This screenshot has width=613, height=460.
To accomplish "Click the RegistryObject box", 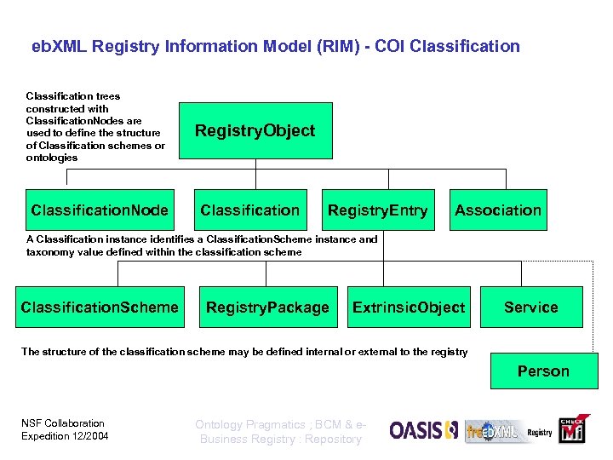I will [255, 130].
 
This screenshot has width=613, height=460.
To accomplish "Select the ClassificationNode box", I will [100, 210].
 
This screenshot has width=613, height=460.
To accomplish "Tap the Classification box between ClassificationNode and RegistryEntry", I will [249, 210].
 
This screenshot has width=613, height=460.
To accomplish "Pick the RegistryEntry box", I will [378, 210].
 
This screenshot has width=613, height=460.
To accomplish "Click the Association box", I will [498, 210].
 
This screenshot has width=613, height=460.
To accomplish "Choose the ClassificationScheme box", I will [100, 308].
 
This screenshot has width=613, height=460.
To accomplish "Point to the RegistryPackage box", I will [267, 308].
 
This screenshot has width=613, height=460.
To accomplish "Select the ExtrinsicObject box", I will [409, 308].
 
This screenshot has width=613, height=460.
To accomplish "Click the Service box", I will [530, 308].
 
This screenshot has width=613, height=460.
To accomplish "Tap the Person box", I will [543, 371].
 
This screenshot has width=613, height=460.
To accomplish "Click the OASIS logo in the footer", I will [424, 430].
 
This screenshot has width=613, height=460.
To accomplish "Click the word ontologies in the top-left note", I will [52, 158].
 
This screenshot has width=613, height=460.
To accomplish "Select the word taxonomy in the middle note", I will [50, 252].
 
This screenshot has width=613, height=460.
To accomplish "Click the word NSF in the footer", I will [32, 423].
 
